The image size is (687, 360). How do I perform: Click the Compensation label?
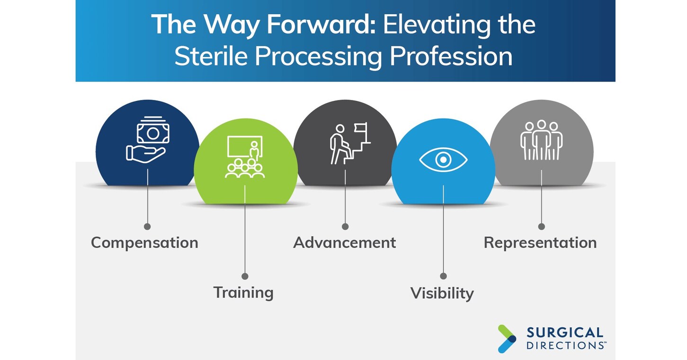144,243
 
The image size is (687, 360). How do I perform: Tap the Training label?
243,292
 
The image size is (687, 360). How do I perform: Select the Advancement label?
344,243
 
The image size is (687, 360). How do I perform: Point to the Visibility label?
442,293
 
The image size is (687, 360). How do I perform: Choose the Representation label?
540,243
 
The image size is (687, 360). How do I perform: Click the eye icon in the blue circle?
443,160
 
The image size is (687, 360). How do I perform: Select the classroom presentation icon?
245,157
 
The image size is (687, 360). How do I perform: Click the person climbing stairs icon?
350,144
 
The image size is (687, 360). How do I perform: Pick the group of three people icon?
541,140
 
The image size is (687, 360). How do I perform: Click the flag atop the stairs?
361,128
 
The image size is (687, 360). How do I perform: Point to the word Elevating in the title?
437,25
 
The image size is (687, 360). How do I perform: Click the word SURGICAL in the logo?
565,333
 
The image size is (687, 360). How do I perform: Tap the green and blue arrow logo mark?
507,339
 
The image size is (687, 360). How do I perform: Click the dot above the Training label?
245,276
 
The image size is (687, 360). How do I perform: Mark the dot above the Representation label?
541,226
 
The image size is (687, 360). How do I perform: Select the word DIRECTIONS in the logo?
565,345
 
